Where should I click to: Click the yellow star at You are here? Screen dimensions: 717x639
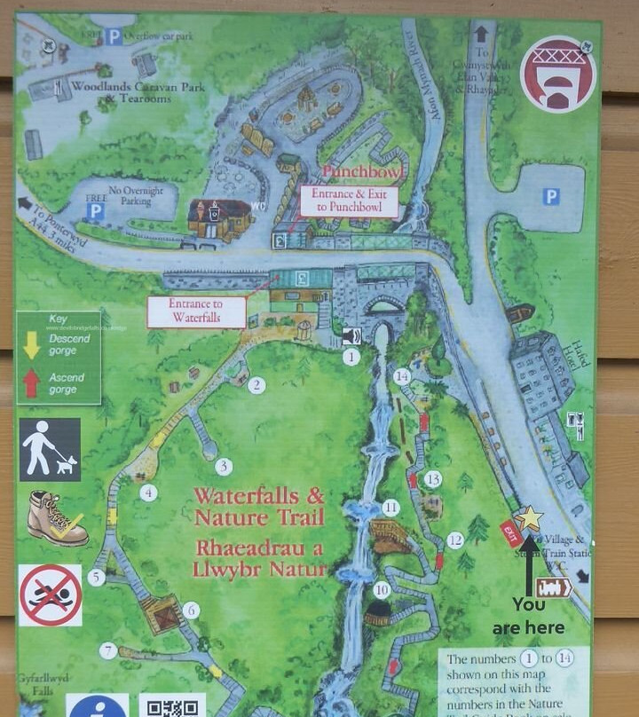click(x=529, y=517)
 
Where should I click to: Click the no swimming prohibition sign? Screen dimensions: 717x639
click(x=51, y=595)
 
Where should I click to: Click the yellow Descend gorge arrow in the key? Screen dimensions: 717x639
click(x=31, y=345)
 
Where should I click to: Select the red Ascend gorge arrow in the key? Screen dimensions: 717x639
click(x=31, y=382)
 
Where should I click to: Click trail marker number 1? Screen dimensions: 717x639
click(x=351, y=357)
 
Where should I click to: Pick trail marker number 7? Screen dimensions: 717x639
click(x=108, y=651)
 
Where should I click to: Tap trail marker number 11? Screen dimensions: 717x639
click(x=390, y=508)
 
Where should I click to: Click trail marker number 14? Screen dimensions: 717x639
click(x=402, y=376)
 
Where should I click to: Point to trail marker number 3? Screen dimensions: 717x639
click(x=224, y=466)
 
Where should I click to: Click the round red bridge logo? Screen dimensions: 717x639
click(x=557, y=74)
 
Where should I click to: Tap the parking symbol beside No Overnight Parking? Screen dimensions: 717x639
click(x=94, y=211)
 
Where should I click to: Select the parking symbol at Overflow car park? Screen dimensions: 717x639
click(x=114, y=36)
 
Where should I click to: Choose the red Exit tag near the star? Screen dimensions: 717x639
click(x=509, y=530)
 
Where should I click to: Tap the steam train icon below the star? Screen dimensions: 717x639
click(x=553, y=587)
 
